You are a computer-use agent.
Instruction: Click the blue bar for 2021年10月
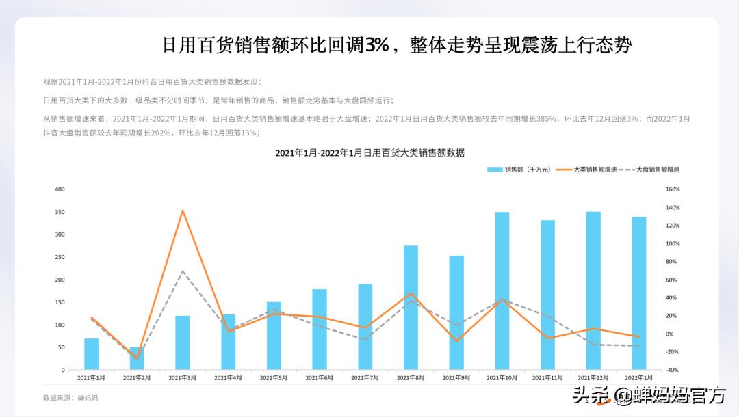[x=502, y=291]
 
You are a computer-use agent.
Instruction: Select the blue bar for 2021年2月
[x=137, y=359]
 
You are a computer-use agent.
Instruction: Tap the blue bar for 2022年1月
[x=639, y=293]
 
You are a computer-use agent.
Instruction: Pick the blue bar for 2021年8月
[x=411, y=308]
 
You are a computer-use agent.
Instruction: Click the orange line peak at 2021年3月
[x=183, y=211]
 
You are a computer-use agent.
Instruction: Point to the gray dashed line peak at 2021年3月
[x=183, y=271]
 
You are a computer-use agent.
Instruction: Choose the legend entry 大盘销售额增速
[x=658, y=169]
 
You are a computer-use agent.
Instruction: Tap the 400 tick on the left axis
[x=60, y=189]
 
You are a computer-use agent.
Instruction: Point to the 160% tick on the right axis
[x=673, y=189]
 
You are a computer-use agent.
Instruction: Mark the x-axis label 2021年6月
[x=320, y=377]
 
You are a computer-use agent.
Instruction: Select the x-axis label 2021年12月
[x=593, y=377]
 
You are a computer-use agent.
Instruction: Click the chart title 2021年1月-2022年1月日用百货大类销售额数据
[x=369, y=152]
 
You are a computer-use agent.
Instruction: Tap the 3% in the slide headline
[x=376, y=45]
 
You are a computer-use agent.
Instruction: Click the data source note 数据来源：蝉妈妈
[x=70, y=397]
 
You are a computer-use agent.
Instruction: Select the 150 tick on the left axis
[x=60, y=302]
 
